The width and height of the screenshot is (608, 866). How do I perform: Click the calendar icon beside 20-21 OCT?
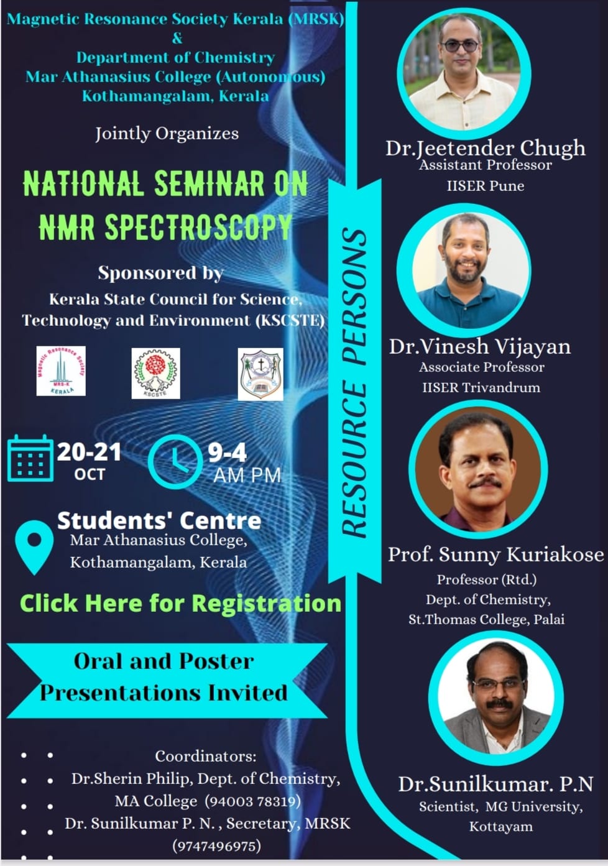pos(30,458)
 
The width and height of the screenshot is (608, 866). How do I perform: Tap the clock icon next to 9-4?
pos(175,462)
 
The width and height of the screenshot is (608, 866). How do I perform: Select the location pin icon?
pos(34,547)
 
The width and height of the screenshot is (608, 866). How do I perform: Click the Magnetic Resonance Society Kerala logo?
pos(61,371)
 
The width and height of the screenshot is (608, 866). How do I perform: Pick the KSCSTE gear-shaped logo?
pos(156,373)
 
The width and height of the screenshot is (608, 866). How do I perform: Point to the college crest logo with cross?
pos(260,374)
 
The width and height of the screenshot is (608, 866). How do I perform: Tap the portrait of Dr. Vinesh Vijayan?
pos(464,269)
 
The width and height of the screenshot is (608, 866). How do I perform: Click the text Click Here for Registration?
pos(180,603)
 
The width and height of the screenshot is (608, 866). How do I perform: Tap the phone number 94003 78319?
pos(252,801)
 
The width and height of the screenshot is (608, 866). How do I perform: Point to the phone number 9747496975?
pos(217,846)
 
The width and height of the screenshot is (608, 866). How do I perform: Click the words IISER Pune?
pos(486,186)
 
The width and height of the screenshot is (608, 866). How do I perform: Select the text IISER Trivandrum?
pos(481,387)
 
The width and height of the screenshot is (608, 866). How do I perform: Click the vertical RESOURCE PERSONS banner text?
pos(354,382)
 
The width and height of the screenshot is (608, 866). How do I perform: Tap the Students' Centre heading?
pos(159,520)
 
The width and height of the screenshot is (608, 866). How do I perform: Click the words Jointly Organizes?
pos(167,134)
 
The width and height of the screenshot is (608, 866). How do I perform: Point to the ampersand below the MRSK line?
pos(177,39)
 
